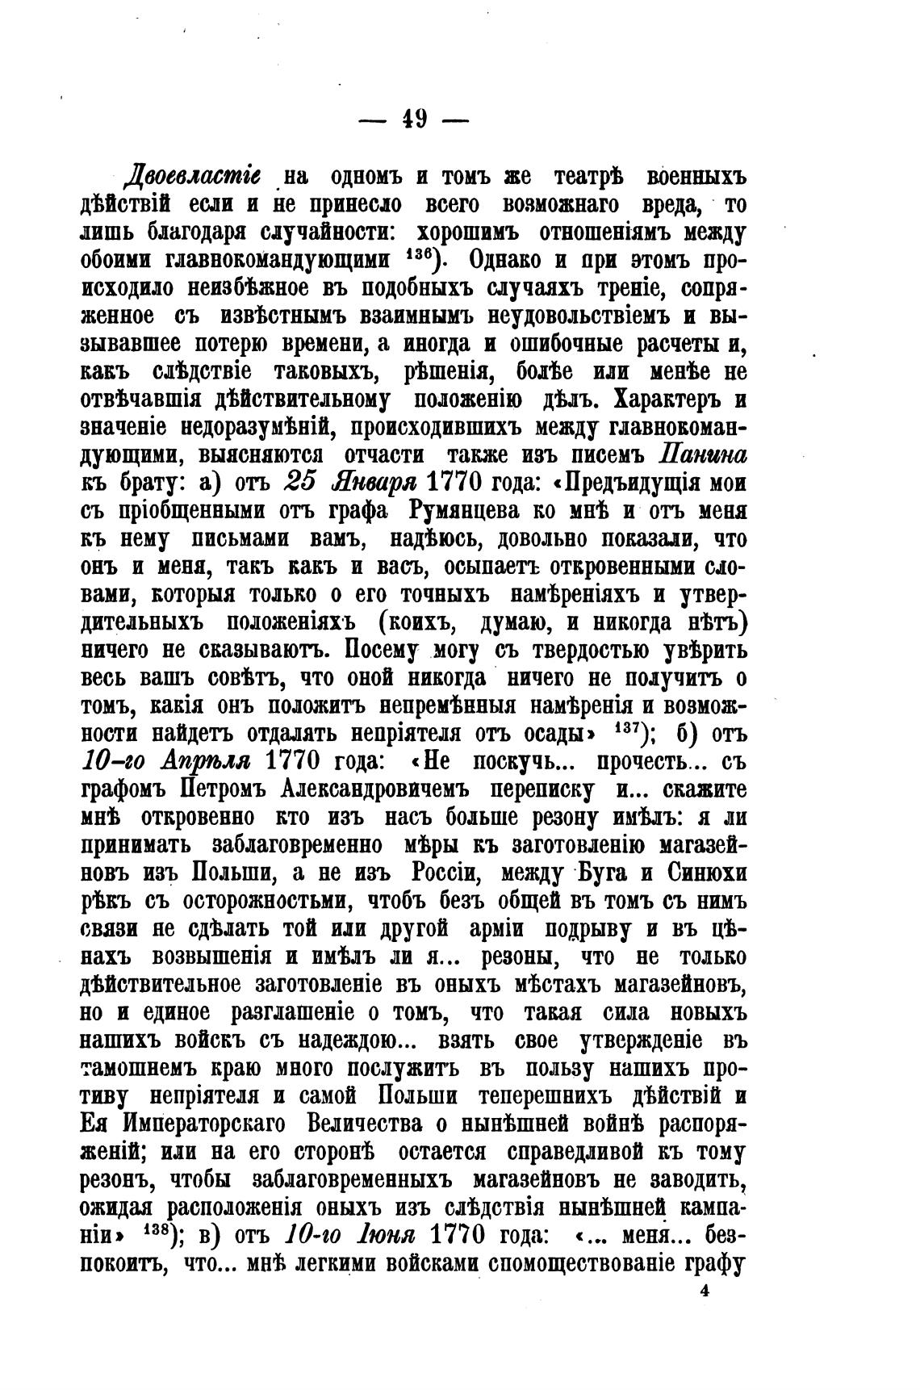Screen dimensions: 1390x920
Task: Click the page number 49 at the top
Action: [x=412, y=119]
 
